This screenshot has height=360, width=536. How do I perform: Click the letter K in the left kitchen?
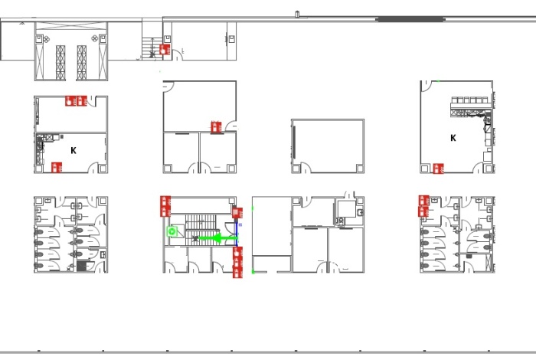click(x=74, y=150)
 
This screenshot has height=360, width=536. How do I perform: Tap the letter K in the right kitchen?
click(x=453, y=138)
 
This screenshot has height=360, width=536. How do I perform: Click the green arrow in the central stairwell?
click(x=217, y=238)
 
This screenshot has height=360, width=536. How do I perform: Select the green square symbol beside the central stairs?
click(x=172, y=231)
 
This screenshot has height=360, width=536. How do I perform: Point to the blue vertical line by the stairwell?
click(x=237, y=234)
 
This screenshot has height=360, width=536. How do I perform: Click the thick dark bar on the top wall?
click(x=410, y=19)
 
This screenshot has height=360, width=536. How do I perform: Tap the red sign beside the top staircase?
click(x=165, y=50)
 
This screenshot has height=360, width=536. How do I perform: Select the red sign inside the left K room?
click(x=57, y=168)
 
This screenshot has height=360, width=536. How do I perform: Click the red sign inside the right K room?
click(x=438, y=169)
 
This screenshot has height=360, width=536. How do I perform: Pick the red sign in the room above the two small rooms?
click(x=216, y=127)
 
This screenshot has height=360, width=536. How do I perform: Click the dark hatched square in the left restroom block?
click(x=82, y=266)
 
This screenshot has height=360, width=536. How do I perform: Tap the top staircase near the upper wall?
click(x=152, y=48)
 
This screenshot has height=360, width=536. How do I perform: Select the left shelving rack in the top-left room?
click(x=60, y=63)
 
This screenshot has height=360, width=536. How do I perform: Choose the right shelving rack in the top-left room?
click(x=82, y=63)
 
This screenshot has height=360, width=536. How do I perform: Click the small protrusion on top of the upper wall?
click(x=297, y=14)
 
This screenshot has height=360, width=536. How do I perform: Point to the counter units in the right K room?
click(x=472, y=106)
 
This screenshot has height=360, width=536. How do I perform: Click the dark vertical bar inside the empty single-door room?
click(x=294, y=142)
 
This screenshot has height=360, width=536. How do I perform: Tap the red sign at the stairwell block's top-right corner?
click(x=237, y=213)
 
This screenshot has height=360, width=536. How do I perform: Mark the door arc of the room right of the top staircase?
click(x=178, y=54)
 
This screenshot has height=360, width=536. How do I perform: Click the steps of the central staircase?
click(x=201, y=230)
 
